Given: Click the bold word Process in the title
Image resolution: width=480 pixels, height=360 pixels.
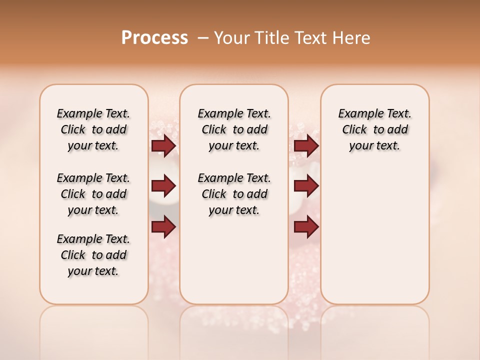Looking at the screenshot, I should click(154, 38).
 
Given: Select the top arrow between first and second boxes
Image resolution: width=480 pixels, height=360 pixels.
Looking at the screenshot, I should click(163, 146).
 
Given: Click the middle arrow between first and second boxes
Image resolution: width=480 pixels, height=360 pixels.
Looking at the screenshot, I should click(163, 186).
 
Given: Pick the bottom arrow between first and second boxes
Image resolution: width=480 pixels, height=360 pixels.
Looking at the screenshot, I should click(163, 227).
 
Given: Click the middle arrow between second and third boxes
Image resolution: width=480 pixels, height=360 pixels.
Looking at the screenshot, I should click(306, 186).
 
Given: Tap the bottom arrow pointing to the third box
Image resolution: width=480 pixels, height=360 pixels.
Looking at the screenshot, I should click(306, 227).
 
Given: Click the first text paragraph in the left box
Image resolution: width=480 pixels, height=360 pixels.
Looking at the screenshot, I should click(93, 129).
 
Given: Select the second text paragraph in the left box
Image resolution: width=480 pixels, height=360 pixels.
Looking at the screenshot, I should click(93, 194).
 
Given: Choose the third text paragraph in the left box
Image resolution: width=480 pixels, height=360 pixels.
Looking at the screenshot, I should click(93, 255).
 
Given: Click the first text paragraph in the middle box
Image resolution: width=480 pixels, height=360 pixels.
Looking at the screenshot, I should click(234, 129).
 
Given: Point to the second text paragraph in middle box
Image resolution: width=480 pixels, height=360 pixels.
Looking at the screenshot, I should click(234, 194).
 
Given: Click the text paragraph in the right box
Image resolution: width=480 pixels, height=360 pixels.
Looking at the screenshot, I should click(374, 129).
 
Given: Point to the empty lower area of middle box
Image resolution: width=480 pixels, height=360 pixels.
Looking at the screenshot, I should click(234, 260).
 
